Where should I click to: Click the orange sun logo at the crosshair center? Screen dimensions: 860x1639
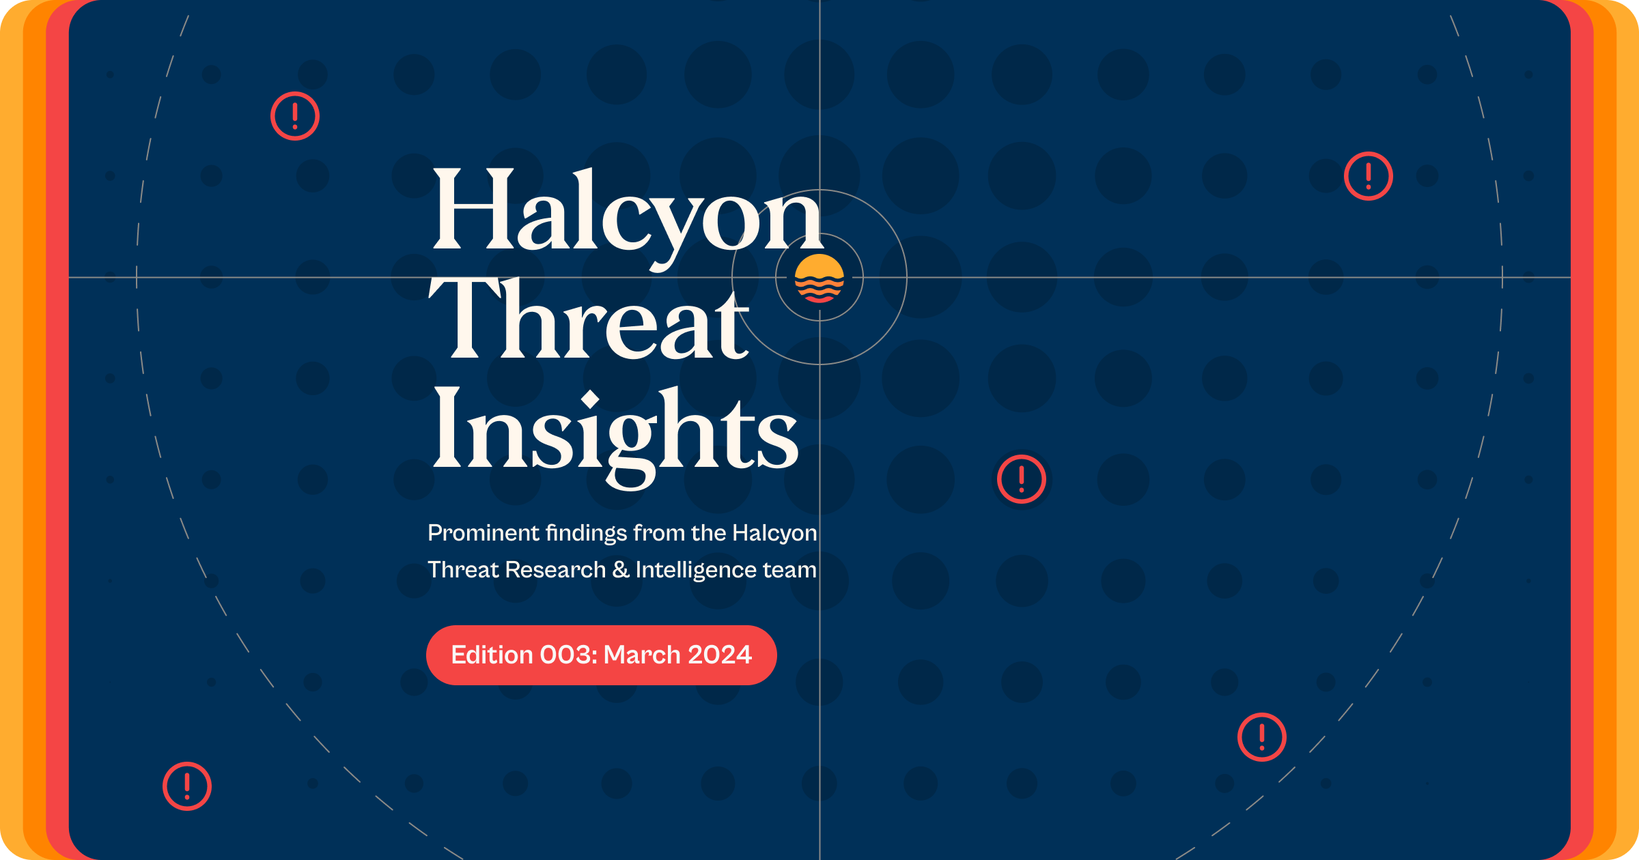coord(819,278)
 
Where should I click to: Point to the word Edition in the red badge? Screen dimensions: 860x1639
coord(492,655)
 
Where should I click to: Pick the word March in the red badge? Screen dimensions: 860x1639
coord(642,655)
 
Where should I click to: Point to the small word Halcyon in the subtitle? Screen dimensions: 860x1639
coord(774,533)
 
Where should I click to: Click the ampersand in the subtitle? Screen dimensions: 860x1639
coord(620,570)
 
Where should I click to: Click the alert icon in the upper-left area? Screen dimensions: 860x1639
coord(295,116)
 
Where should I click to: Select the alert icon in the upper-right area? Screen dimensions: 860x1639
coord(1369,176)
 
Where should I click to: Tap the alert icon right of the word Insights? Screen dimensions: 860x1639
coord(1022,479)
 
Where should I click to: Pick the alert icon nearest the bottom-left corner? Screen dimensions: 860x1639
coord(187,786)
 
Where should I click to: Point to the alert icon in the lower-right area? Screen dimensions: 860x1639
coord(1262,737)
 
